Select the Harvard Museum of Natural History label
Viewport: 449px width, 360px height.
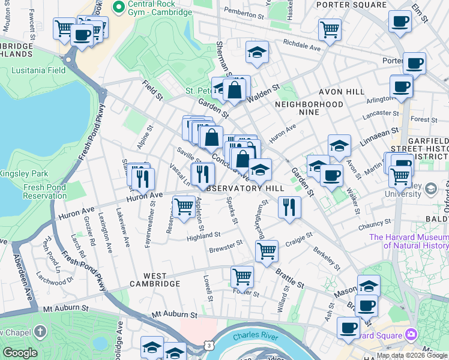[409, 241]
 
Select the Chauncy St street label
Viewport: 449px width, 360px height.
[375, 226]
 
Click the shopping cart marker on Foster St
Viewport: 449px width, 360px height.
[242, 277]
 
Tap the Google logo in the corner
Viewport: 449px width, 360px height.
[20, 353]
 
